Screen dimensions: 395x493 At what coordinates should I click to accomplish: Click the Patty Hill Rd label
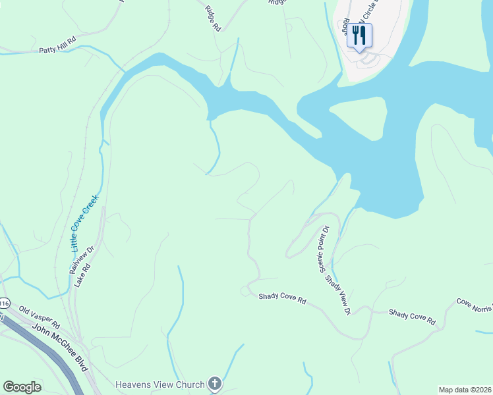point(58,49)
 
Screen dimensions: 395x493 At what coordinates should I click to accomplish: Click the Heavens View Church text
point(161,384)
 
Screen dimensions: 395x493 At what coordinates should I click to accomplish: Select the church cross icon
point(214,383)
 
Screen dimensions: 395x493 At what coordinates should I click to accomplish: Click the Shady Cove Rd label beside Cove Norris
point(412,317)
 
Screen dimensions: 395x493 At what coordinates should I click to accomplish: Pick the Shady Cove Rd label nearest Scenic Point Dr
point(282,299)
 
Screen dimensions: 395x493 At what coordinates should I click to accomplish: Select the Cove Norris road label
point(475,303)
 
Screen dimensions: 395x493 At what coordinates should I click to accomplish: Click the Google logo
point(22,387)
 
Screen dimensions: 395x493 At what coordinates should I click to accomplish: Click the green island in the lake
point(359,118)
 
